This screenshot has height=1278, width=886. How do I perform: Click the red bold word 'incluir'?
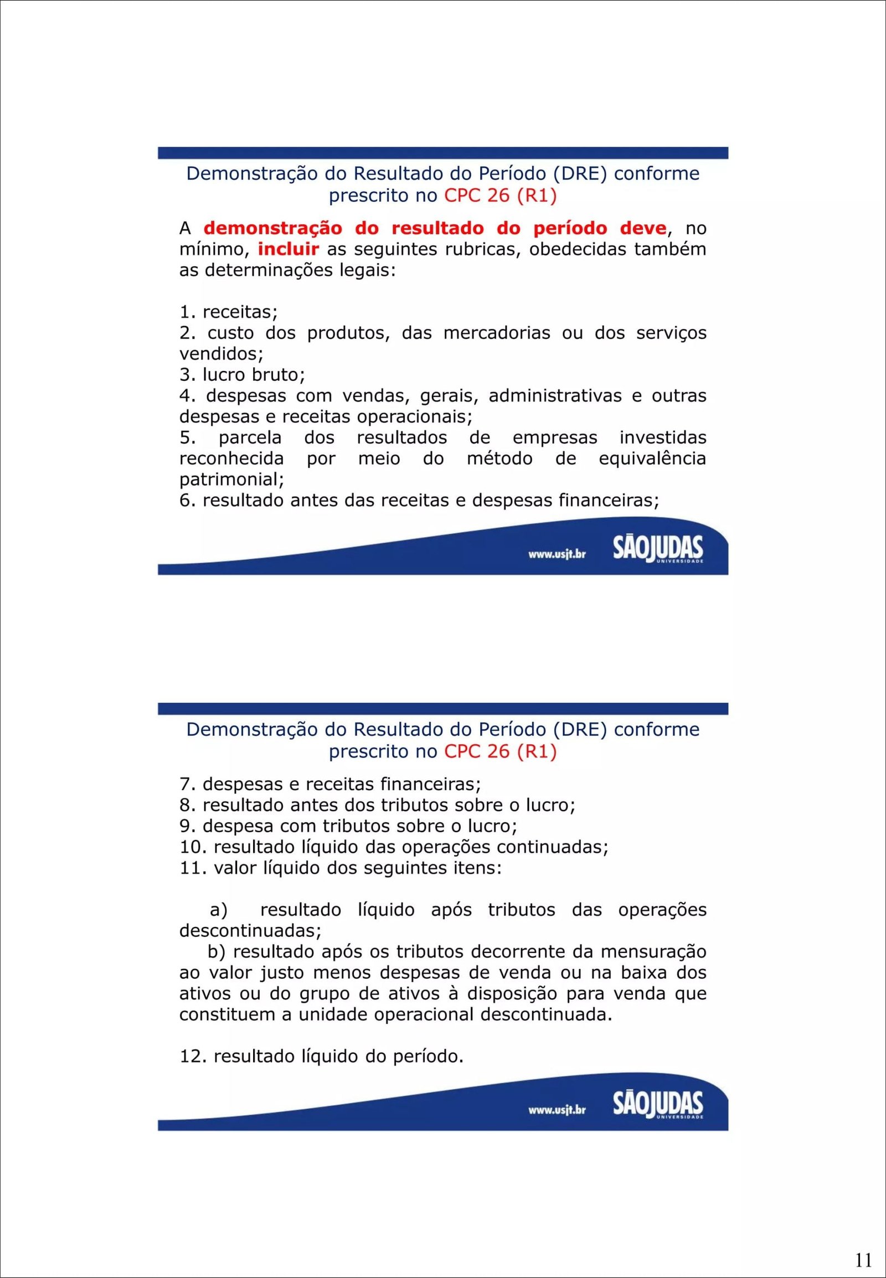click(x=288, y=249)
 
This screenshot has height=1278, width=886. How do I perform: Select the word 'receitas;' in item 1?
click(x=240, y=312)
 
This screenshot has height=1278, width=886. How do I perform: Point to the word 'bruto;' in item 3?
click(x=278, y=375)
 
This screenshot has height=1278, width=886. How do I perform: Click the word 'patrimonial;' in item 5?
click(x=231, y=479)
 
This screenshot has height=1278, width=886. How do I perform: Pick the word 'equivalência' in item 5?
click(x=652, y=458)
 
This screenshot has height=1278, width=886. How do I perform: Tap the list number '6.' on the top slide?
click(x=188, y=501)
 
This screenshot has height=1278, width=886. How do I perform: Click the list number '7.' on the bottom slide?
click(x=188, y=785)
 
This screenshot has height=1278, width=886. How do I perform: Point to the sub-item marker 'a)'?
click(x=219, y=910)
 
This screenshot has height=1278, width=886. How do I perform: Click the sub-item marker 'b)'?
click(x=217, y=951)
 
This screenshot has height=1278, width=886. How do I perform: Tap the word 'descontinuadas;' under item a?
click(x=250, y=930)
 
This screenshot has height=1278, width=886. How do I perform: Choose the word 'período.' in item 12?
click(x=428, y=1057)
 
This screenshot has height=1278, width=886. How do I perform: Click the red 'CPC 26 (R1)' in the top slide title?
click(x=500, y=196)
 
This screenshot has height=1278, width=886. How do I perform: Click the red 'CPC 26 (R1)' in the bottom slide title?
click(x=500, y=752)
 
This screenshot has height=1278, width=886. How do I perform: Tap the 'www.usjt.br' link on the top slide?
click(x=557, y=554)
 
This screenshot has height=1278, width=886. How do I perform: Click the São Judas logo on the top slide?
click(x=658, y=549)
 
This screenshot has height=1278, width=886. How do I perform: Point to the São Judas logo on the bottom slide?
click(x=658, y=1105)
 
